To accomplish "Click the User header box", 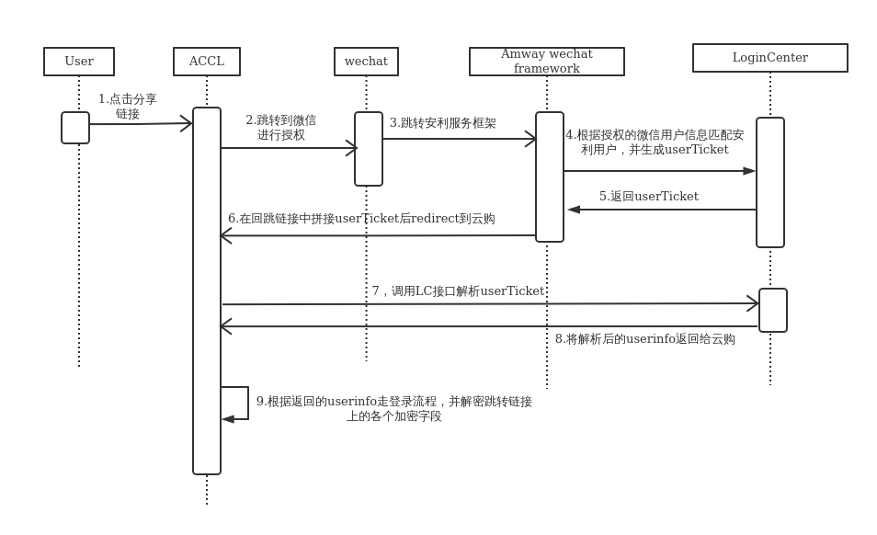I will pyautogui.click(x=79, y=62).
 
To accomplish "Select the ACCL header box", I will pyautogui.click(x=207, y=62).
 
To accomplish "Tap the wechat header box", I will pyautogui.click(x=366, y=62).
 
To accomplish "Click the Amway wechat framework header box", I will pyautogui.click(x=547, y=62).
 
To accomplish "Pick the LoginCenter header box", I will pyautogui.click(x=770, y=58).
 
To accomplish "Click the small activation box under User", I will pyautogui.click(x=75, y=128).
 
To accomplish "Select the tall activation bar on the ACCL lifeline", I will pyautogui.click(x=207, y=290).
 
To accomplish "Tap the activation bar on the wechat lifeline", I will pyautogui.click(x=369, y=149).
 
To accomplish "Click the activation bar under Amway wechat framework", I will pyautogui.click(x=550, y=176).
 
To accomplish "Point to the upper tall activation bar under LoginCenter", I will pyautogui.click(x=770, y=182).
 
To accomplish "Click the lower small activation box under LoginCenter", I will pyautogui.click(x=773, y=310).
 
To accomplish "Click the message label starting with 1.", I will pyautogui.click(x=128, y=107).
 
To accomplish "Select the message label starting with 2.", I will pyautogui.click(x=280, y=128).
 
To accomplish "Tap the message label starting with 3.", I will pyautogui.click(x=443, y=123).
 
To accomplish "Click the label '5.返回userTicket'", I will pyautogui.click(x=649, y=197).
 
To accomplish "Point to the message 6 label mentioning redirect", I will pyautogui.click(x=361, y=219).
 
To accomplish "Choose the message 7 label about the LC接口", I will pyautogui.click(x=458, y=291).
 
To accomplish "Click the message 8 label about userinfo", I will pyautogui.click(x=645, y=339).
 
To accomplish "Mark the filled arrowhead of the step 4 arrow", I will pyautogui.click(x=749, y=171).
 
